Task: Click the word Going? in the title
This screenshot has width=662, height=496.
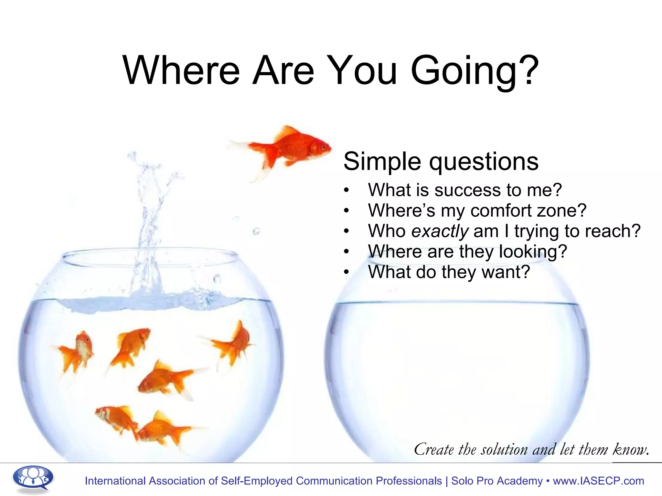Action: (x=474, y=70)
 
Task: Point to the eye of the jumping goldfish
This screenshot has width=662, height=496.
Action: (x=323, y=147)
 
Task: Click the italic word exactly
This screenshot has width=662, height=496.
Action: (x=440, y=232)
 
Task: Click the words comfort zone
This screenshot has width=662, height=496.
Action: (x=528, y=211)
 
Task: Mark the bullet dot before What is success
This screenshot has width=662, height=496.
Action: (x=347, y=191)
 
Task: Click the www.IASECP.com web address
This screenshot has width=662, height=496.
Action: (x=598, y=481)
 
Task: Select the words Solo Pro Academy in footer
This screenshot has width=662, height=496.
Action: (x=497, y=481)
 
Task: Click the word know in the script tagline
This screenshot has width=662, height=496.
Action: (x=630, y=449)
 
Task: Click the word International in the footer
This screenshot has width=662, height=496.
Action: (x=115, y=481)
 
